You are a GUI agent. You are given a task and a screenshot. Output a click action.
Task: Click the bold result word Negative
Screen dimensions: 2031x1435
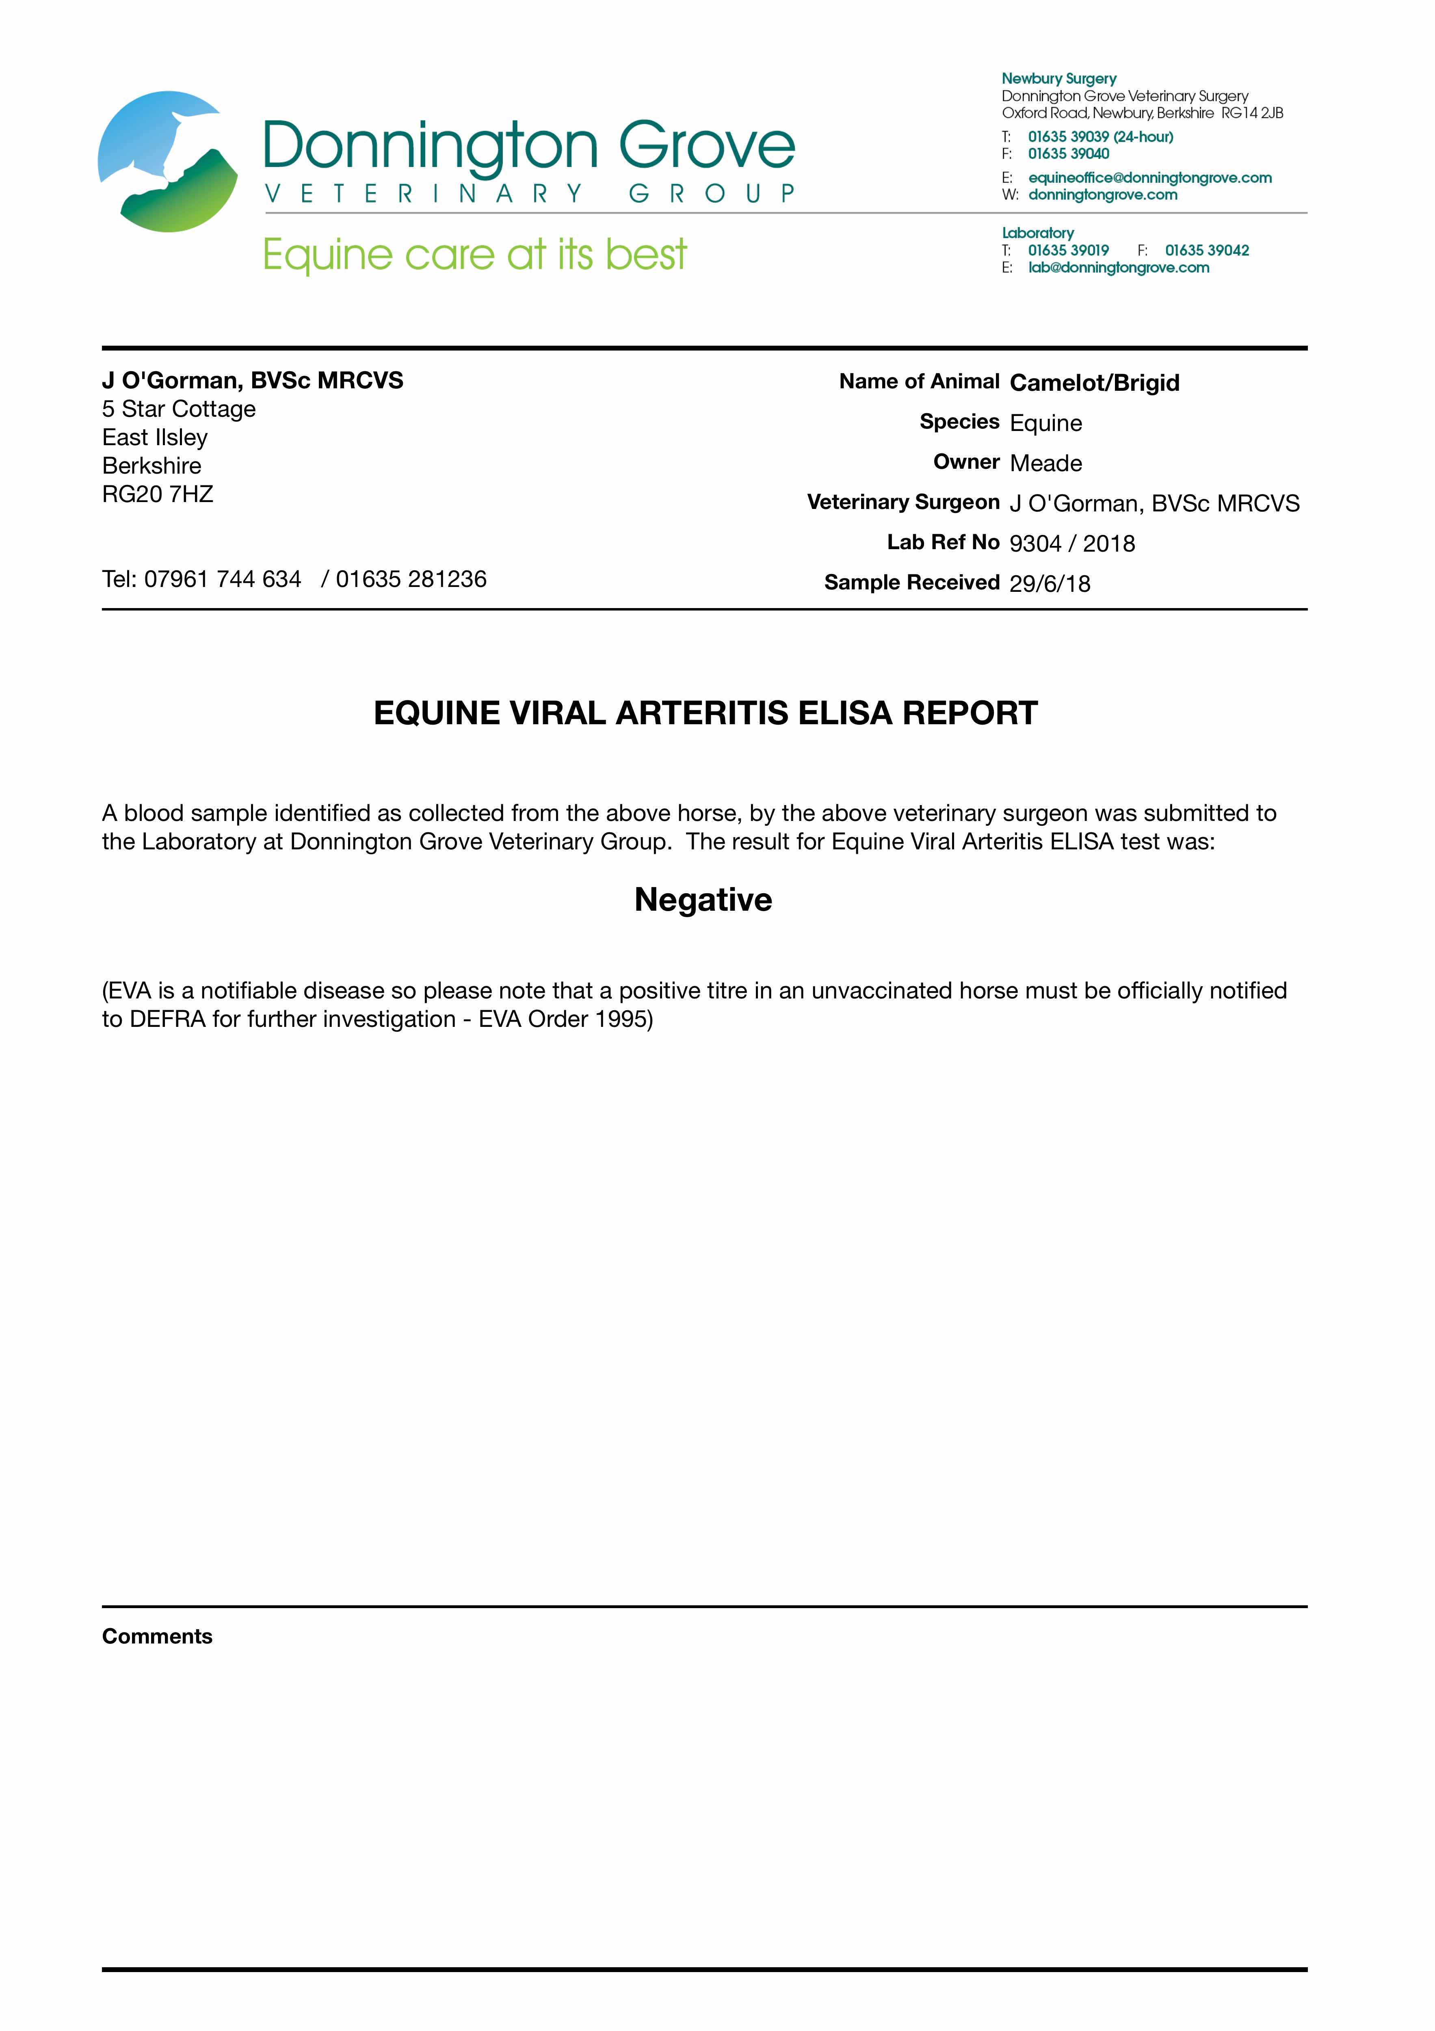[703, 900]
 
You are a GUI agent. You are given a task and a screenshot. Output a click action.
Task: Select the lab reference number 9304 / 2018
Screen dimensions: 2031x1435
[1071, 543]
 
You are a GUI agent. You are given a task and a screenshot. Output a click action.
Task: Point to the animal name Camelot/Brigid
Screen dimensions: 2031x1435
[1094, 383]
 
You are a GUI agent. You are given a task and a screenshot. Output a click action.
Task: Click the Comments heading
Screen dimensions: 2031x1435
[158, 1637]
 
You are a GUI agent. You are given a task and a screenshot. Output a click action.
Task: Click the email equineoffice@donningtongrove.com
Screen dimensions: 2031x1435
[1149, 178]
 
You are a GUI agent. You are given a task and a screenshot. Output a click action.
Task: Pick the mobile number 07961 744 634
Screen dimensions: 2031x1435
[223, 579]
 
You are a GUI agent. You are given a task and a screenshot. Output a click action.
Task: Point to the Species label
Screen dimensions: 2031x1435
[959, 422]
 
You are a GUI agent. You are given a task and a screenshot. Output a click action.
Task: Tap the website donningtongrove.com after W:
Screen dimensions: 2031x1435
[1102, 195]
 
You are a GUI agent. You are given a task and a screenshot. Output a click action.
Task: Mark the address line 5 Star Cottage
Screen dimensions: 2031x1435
[179, 409]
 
